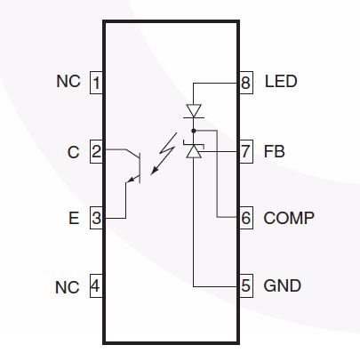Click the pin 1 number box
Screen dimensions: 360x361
coord(96,83)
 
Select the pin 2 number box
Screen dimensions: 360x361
coord(96,152)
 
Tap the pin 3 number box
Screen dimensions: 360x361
coord(96,218)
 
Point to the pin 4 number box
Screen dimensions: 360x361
coord(96,286)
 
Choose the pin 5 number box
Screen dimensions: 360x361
coord(246,286)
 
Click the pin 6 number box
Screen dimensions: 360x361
coord(246,218)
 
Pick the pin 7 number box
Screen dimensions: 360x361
coord(246,152)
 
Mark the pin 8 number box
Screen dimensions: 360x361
coord(246,83)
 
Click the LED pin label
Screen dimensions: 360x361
coord(281,82)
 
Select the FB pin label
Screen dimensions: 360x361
coord(274,151)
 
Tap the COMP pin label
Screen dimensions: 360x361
coord(289,218)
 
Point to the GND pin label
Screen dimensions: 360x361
coord(282,286)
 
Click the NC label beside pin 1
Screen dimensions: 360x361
coord(68,82)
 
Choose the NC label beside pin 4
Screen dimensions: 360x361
coord(68,287)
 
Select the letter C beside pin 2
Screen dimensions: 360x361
coord(73,152)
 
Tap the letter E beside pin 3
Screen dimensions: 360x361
coord(74,218)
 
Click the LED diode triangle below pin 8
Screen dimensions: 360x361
coord(194,110)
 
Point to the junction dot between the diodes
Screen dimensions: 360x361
coord(194,131)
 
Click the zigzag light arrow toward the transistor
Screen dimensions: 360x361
coord(164,154)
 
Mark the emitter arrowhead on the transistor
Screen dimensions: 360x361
coord(130,179)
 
